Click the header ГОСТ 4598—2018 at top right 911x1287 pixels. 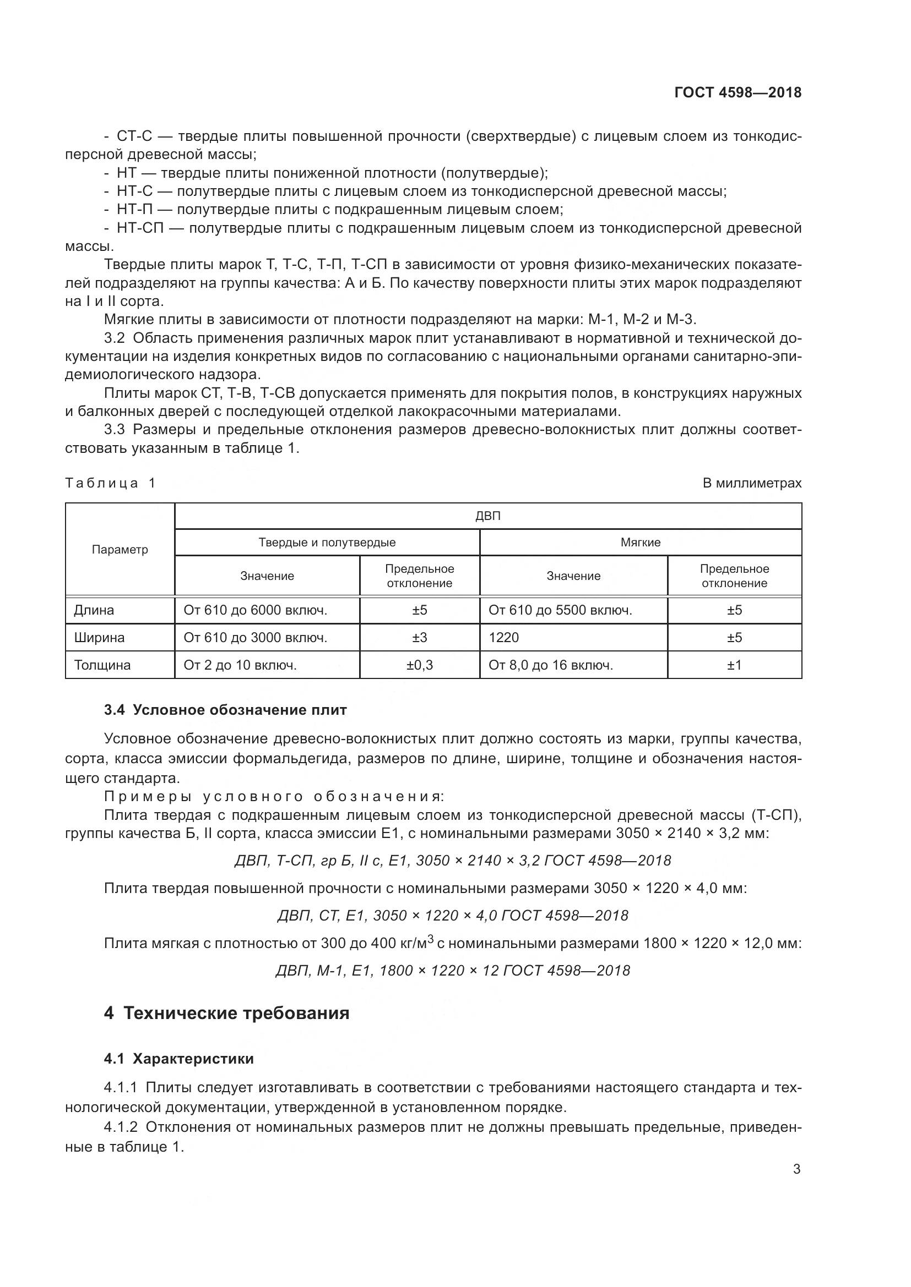click(738, 92)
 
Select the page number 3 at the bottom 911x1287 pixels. click(796, 1169)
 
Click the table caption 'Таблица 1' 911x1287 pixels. click(111, 483)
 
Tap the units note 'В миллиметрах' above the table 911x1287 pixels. click(752, 483)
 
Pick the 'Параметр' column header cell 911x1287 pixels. click(120, 549)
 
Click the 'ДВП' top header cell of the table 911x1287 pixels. click(488, 516)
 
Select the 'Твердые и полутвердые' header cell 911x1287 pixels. click(327, 543)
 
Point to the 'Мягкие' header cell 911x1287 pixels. click(641, 543)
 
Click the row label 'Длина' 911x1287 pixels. click(94, 610)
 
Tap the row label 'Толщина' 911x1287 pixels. click(102, 665)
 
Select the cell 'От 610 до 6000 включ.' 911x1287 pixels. click(255, 610)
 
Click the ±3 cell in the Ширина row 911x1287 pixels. click(420, 637)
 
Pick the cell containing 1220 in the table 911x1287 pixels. click(504, 637)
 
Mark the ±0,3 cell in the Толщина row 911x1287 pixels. click(420, 665)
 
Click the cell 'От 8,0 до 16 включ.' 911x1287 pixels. click(551, 665)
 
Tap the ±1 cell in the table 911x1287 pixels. click(734, 665)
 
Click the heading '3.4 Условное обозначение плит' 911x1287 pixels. click(225, 710)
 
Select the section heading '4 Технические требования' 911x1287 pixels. click(226, 1014)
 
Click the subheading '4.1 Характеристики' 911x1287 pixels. click(179, 1059)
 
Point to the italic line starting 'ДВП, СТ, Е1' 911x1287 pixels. click(453, 916)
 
